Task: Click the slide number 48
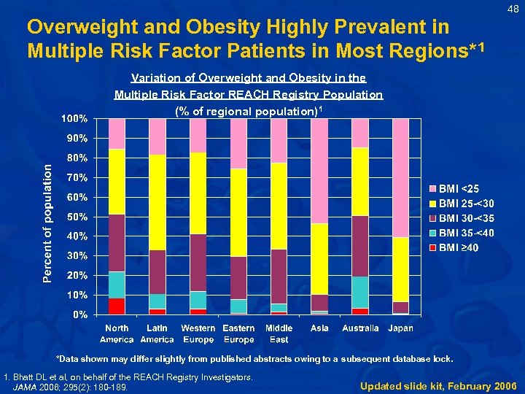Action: (x=513, y=9)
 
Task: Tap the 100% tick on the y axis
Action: (x=74, y=118)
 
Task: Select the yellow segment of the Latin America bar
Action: (x=157, y=202)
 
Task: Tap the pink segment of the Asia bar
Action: (x=319, y=171)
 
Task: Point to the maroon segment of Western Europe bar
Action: (x=198, y=262)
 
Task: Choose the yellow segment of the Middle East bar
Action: (x=279, y=206)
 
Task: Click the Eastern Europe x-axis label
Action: (x=238, y=333)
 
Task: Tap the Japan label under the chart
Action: (x=400, y=328)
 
